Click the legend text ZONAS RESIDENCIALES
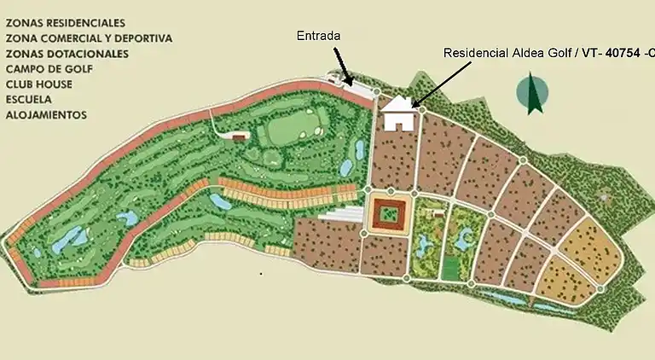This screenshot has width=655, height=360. (x=65, y=23)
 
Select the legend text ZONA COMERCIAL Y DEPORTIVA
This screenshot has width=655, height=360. (x=89, y=38)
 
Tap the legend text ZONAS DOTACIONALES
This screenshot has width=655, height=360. (x=67, y=54)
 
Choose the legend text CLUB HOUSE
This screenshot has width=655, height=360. (x=39, y=84)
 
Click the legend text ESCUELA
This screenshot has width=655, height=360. (x=30, y=100)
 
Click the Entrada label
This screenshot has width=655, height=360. (x=318, y=36)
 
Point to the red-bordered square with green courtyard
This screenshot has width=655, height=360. (x=391, y=213)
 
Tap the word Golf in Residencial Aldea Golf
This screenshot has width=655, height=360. (x=558, y=52)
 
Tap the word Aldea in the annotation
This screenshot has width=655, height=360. (x=525, y=52)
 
